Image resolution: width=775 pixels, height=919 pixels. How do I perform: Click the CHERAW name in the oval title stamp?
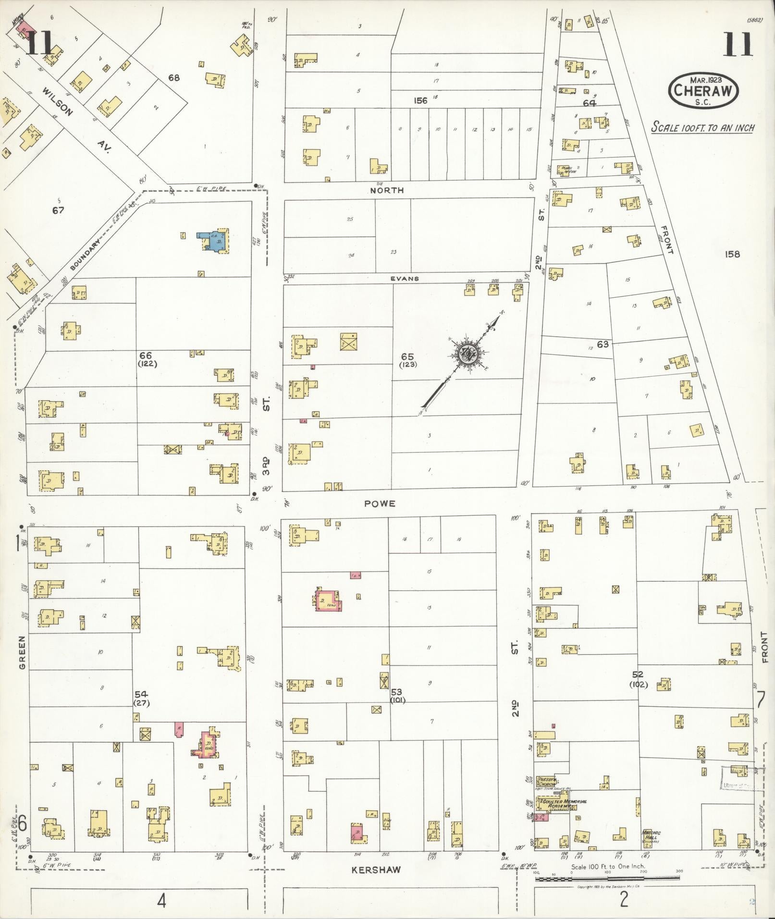703,90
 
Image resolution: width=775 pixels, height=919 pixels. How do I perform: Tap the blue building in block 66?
212,239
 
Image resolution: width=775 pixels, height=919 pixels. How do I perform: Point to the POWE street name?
380,503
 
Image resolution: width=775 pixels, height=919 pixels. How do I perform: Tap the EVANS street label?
404,279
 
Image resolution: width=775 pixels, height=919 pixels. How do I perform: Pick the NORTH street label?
387,191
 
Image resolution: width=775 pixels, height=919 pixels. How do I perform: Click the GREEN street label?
22,652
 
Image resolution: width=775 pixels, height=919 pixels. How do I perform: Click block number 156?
421,101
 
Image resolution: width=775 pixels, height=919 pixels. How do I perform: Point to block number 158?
733,254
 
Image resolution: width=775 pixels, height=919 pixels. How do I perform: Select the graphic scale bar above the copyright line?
607,879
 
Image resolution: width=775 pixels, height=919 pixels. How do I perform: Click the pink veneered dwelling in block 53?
329,600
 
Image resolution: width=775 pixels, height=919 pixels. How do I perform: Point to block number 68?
173,77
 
